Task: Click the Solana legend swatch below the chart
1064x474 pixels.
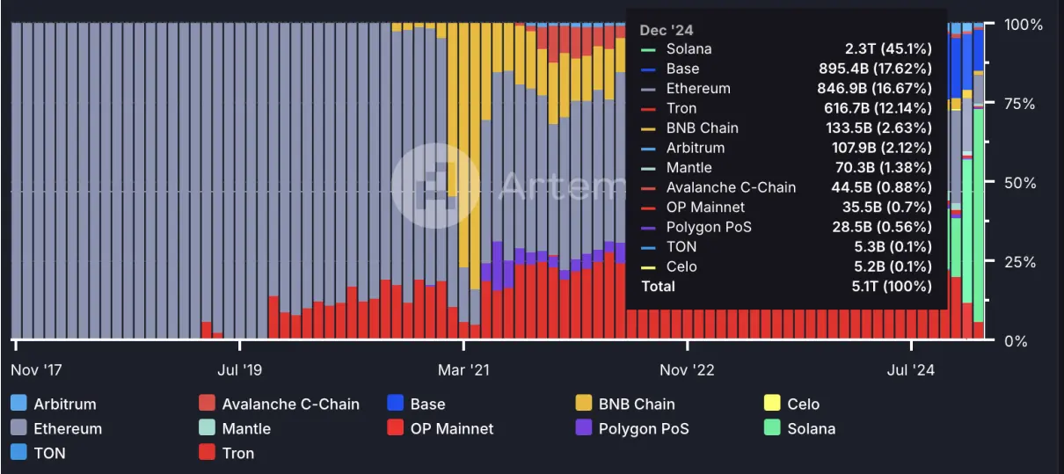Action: (771, 429)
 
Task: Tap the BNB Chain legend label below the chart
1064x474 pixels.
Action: (637, 405)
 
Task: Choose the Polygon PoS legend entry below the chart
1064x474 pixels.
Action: (644, 429)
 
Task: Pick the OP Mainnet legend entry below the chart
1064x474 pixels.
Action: (452, 429)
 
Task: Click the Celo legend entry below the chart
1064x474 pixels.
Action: (803, 405)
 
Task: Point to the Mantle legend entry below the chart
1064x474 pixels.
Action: (246, 429)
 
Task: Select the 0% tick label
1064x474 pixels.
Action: (1015, 341)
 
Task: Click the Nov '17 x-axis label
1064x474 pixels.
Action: (36, 370)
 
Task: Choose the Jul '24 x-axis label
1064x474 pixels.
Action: (911, 370)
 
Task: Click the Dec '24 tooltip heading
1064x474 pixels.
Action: (666, 31)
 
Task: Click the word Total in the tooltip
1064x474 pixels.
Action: (659, 287)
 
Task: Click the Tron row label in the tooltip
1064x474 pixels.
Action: (681, 108)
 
